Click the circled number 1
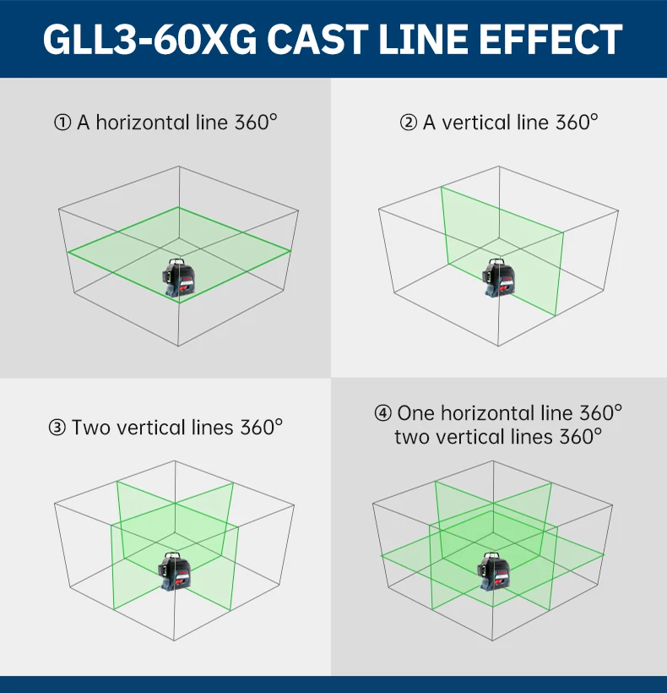pyautogui.click(x=62, y=123)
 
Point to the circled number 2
pyautogui.click(x=409, y=123)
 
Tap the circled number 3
pyautogui.click(x=57, y=428)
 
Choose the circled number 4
pyautogui.click(x=383, y=413)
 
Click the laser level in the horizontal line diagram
pyautogui.click(x=179, y=278)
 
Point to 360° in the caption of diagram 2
pyautogui.click(x=577, y=123)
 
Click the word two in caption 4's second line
pyautogui.click(x=414, y=437)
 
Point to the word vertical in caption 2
pyautogui.click(x=476, y=123)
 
